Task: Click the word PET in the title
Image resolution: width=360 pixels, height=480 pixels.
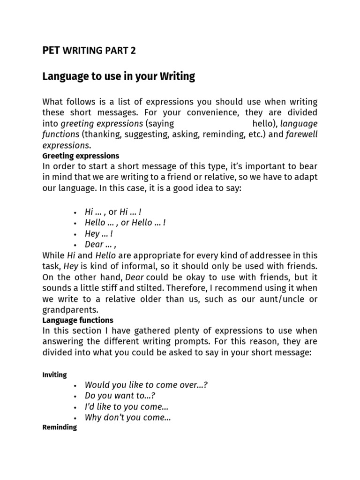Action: coord(51,51)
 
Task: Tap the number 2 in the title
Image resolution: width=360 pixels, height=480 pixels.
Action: coord(133,51)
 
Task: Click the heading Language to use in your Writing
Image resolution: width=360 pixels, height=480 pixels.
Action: coord(119,76)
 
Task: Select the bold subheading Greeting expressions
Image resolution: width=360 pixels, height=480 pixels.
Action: coord(81,156)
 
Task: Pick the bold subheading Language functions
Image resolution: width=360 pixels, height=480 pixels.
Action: coord(78,321)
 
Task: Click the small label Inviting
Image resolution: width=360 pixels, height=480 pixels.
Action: coord(54,375)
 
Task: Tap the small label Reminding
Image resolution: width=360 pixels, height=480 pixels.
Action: coord(60,427)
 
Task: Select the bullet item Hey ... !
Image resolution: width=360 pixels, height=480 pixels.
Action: coord(99,233)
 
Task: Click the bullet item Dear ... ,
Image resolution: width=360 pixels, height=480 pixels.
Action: coord(100,244)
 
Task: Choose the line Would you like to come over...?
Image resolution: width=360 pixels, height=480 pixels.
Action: coord(146,385)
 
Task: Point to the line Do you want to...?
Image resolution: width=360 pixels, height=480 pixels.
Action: coord(120,396)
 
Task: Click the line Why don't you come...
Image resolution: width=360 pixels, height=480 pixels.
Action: coord(127,418)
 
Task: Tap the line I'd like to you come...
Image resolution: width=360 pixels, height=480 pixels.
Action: coord(127,406)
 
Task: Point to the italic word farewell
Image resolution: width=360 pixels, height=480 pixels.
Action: coord(301,135)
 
